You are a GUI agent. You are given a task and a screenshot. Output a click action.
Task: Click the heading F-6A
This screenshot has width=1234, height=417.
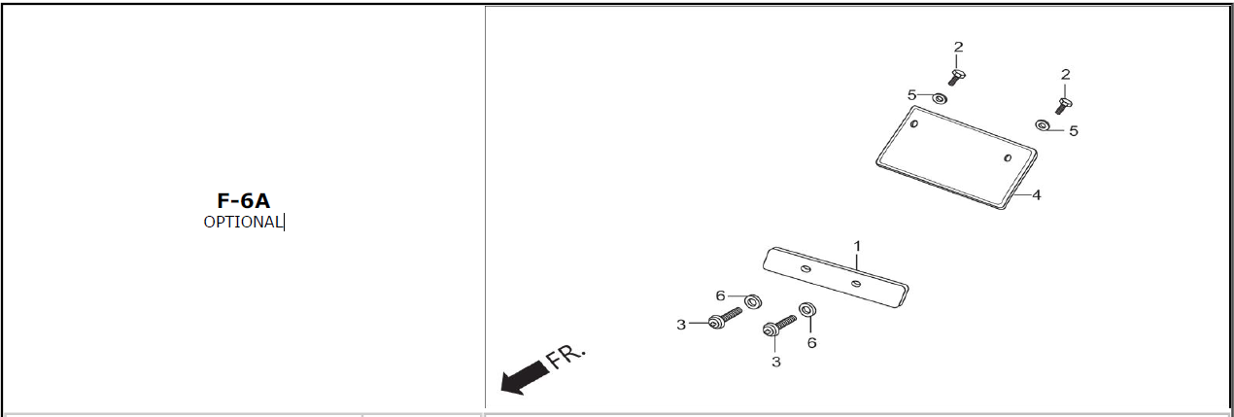click(243, 201)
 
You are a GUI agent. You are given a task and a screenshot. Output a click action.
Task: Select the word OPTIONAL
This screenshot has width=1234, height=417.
click(243, 222)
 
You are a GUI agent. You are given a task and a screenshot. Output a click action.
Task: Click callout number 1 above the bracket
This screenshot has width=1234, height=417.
click(858, 245)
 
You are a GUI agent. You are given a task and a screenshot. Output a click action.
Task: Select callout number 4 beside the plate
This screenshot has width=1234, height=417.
click(1037, 195)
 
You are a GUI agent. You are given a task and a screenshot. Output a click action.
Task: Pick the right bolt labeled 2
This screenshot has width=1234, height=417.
click(1063, 104)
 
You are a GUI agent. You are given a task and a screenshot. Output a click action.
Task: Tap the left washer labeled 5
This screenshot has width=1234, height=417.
click(940, 98)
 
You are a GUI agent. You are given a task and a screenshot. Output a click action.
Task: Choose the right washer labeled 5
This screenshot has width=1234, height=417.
click(1042, 125)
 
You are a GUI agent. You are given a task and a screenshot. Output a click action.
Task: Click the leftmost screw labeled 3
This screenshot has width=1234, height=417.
click(723, 317)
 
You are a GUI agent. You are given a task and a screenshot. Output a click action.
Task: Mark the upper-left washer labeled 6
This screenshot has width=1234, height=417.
click(753, 301)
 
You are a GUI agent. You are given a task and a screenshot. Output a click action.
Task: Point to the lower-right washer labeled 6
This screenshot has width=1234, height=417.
click(806, 310)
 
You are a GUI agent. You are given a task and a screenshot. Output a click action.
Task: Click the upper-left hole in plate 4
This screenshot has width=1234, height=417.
click(914, 123)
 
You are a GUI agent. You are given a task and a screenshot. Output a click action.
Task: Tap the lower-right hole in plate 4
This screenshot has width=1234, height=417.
click(1008, 158)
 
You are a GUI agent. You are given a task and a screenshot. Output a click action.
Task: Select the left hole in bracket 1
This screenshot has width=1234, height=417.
click(806, 268)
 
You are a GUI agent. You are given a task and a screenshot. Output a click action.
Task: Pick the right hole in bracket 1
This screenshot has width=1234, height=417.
click(855, 284)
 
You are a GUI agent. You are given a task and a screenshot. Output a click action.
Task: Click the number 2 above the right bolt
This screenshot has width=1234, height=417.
click(1066, 74)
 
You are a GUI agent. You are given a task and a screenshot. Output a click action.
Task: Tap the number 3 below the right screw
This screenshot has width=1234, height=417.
click(775, 362)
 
